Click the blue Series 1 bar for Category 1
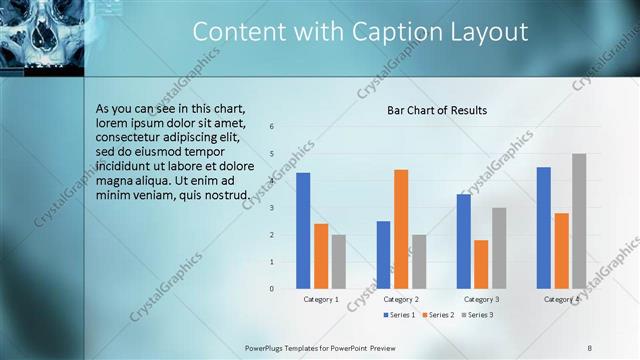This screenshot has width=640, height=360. coord(303,231)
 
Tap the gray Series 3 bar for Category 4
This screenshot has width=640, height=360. coord(579,221)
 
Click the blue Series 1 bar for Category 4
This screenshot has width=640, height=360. coord(543,228)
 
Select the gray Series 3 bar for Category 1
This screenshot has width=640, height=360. coord(338,262)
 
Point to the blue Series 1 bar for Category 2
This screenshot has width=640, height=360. coord(383,255)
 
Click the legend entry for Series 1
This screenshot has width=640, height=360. coord(399,315)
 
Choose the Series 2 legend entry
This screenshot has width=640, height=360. coord(438,315)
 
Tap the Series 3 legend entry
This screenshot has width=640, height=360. coord(477,315)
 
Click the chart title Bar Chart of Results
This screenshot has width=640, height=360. coord(437,110)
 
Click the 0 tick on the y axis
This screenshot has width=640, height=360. coord(272,289)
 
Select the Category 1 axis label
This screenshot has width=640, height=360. coord(321,299)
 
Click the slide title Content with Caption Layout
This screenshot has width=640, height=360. coord(360,32)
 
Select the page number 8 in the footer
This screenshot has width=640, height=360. coord(589,347)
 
